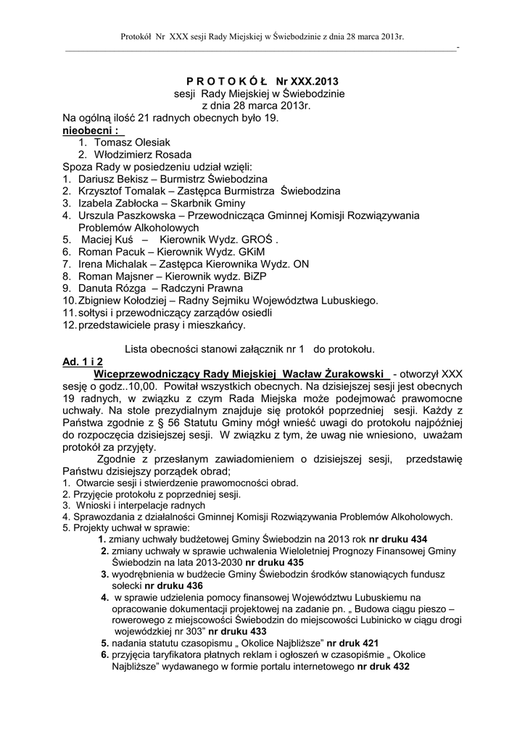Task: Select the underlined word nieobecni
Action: click(x=90, y=130)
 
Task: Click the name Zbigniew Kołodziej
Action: click(x=121, y=300)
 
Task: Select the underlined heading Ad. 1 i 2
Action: click(x=83, y=361)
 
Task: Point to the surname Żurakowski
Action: click(x=355, y=373)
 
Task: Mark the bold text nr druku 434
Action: click(x=398, y=539)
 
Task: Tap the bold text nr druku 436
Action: click(x=173, y=585)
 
